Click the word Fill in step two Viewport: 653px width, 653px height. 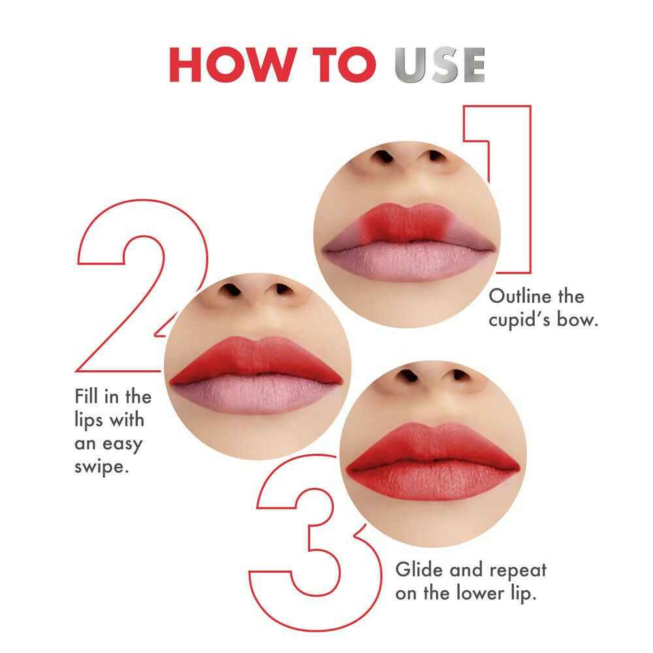86,396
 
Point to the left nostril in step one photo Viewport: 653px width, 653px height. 383,157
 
